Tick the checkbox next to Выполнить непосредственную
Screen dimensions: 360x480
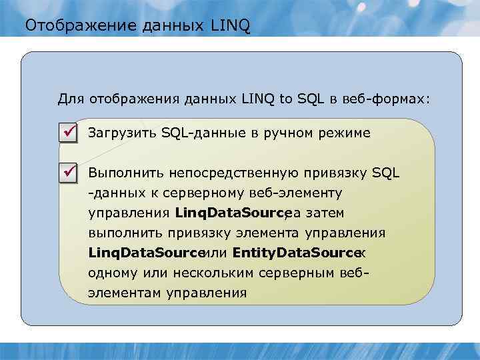(69, 173)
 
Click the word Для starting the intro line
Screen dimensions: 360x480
(69, 99)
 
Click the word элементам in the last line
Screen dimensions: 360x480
(124, 293)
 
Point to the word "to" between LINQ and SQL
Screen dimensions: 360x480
(286, 99)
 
